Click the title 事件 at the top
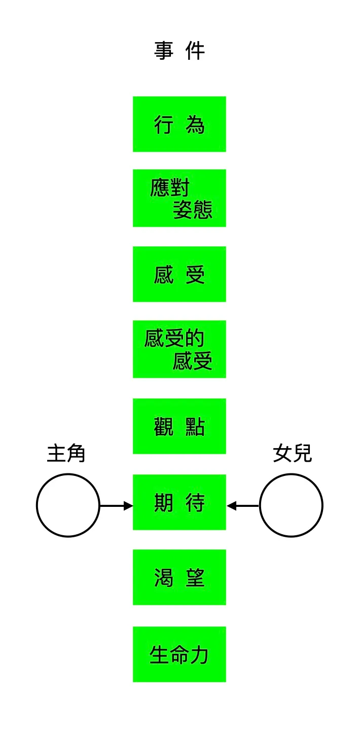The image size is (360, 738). click(x=179, y=51)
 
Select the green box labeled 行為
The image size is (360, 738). click(x=179, y=124)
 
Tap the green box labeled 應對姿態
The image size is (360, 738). click(x=179, y=198)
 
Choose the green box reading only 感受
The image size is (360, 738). click(x=179, y=274)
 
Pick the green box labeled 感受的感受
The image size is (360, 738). click(x=179, y=349)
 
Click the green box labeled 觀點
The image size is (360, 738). click(x=179, y=426)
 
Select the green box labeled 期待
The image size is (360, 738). click(x=179, y=502)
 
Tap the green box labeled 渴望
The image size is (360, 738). click(x=179, y=577)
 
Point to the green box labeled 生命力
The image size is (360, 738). click(x=179, y=654)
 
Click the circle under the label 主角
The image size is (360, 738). click(x=68, y=505)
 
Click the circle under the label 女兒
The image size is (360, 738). click(x=291, y=505)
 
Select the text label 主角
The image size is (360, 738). click(x=66, y=453)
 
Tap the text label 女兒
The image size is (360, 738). click(x=292, y=453)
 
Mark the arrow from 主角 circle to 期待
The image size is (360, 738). click(x=116, y=506)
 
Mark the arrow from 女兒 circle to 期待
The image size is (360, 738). click(x=243, y=506)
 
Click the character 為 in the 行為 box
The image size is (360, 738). click(x=195, y=124)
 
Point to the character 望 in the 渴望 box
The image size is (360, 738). click(x=195, y=577)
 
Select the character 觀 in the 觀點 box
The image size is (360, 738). click(x=164, y=427)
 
